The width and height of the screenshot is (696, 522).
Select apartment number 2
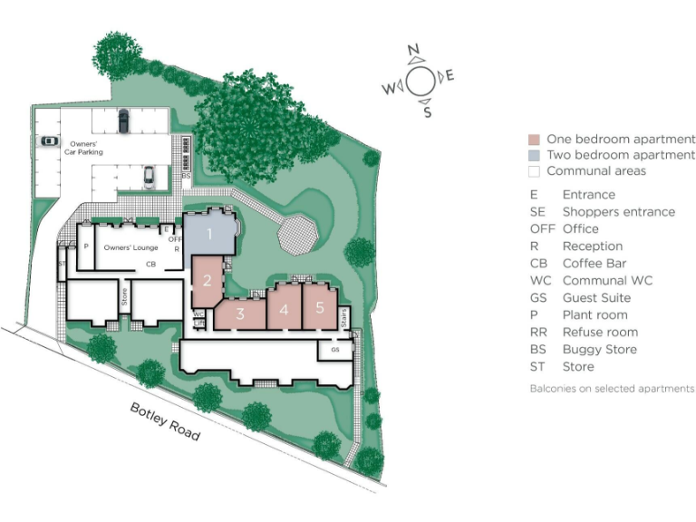[207, 280]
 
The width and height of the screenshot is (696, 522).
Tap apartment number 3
[241, 314]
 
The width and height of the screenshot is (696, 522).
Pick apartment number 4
[284, 310]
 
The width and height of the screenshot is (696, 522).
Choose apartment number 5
[320, 307]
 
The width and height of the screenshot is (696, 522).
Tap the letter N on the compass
[413, 51]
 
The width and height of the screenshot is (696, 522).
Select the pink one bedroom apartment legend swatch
[535, 140]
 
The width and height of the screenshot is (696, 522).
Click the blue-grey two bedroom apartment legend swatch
[535, 156]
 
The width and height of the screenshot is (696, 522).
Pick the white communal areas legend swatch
[535, 171]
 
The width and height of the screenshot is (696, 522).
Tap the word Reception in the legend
[592, 246]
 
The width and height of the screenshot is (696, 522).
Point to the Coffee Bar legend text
[594, 264]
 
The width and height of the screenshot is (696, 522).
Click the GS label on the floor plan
[334, 349]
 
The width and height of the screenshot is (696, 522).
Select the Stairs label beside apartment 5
[343, 318]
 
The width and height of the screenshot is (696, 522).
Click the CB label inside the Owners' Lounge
[152, 265]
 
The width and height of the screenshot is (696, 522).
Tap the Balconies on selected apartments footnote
[612, 389]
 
